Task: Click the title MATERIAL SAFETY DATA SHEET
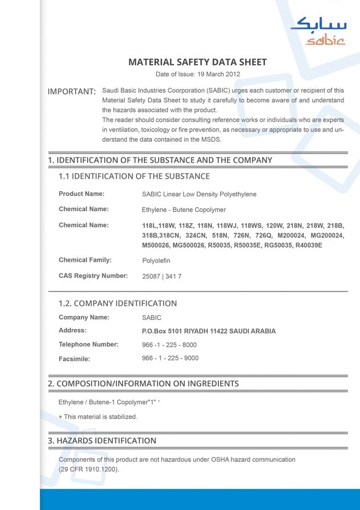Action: tap(197, 62)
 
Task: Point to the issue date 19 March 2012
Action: tap(218, 74)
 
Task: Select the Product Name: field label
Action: tap(81, 194)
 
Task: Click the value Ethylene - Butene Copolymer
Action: tap(184, 209)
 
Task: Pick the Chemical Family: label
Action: tap(85, 260)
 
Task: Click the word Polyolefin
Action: tap(156, 261)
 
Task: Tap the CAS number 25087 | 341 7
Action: tap(162, 277)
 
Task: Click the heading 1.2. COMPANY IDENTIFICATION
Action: tap(118, 303)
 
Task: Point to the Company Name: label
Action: tap(84, 317)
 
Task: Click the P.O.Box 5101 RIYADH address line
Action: tap(208, 331)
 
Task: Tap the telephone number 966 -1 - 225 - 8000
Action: tap(169, 344)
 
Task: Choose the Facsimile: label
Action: tap(75, 359)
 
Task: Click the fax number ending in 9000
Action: tap(170, 358)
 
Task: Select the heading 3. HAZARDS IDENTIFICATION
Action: tap(102, 441)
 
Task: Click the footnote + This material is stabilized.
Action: tap(98, 417)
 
